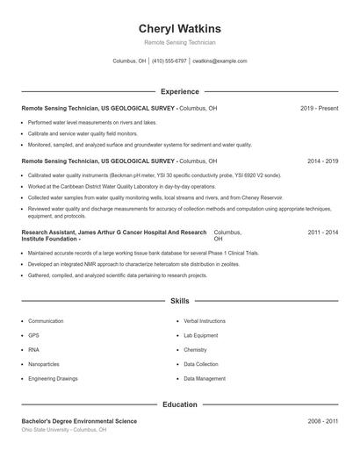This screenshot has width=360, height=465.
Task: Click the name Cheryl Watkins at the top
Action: coord(180,28)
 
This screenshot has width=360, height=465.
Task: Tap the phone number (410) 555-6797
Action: coord(169,61)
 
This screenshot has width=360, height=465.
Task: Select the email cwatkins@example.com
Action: coord(220,61)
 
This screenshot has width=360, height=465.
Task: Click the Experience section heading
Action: coord(180,91)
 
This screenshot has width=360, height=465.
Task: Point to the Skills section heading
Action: coord(180,301)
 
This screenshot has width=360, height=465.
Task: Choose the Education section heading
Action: coord(180,404)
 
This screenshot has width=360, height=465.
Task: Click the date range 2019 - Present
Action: coord(319,108)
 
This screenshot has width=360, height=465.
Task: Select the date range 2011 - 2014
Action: coord(322,232)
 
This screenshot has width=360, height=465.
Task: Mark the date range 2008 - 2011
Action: coord(322,422)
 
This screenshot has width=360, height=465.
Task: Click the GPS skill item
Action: coord(33,335)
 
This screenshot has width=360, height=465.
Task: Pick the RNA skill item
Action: coord(33,349)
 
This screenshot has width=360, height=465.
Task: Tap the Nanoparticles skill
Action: coord(43,363)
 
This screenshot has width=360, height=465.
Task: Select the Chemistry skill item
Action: coord(196,349)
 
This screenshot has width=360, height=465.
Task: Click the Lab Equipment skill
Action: coord(200,335)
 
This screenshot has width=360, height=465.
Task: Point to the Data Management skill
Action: coord(204,378)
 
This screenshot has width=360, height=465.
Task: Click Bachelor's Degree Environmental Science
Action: coord(79,422)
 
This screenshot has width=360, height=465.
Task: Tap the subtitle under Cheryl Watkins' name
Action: coord(180,42)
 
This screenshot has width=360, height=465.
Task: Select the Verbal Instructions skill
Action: coord(205,321)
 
